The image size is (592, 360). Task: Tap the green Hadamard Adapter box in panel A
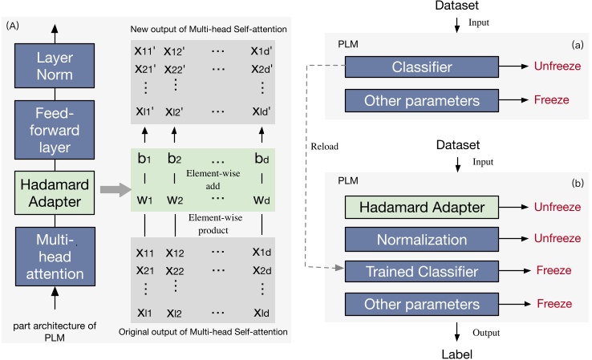click(55, 188)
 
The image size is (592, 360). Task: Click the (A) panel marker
click(13, 26)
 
